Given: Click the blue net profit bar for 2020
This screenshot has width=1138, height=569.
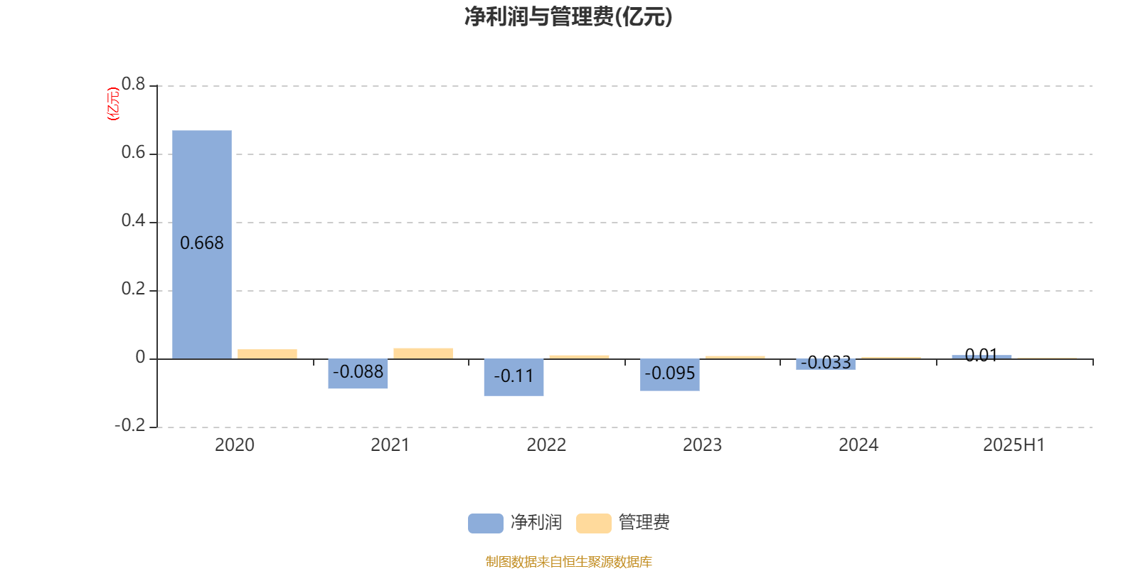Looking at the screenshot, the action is tap(202, 245).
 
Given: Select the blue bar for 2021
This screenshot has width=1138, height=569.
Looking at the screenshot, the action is tap(358, 373).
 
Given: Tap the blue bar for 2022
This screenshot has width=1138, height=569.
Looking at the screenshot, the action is tap(514, 378).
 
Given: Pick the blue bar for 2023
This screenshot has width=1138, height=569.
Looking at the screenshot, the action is tap(669, 375).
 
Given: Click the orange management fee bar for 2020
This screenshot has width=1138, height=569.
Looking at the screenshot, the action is tap(267, 354).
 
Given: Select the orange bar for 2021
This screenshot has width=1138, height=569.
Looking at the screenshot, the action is tap(423, 353).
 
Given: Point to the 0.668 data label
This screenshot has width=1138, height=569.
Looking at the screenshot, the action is tap(202, 243).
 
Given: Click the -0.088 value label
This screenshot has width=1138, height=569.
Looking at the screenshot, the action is tap(358, 372).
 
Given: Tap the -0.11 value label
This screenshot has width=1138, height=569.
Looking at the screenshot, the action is tap(514, 376).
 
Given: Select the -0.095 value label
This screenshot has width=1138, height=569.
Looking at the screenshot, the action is tap(669, 373).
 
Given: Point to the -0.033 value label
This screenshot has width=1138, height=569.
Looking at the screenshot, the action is tap(826, 362).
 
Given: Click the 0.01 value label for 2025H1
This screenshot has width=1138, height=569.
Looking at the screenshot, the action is tap(982, 355).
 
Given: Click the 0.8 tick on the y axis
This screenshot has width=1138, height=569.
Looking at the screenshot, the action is tap(133, 84).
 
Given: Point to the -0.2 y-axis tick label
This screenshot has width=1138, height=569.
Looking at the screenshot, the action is tap(130, 425).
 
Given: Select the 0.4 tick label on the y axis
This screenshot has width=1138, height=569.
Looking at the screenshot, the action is tap(133, 220).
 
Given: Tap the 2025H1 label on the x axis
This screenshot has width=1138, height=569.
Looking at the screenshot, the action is tap(1014, 445).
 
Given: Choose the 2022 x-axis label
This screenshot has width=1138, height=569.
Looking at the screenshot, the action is tap(546, 445).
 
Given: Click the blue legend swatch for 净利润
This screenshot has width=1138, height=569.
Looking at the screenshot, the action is tap(486, 523).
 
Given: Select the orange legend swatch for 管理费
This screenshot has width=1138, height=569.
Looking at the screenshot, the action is tap(593, 523).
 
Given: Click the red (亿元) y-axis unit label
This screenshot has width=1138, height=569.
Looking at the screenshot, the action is tap(113, 104).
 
